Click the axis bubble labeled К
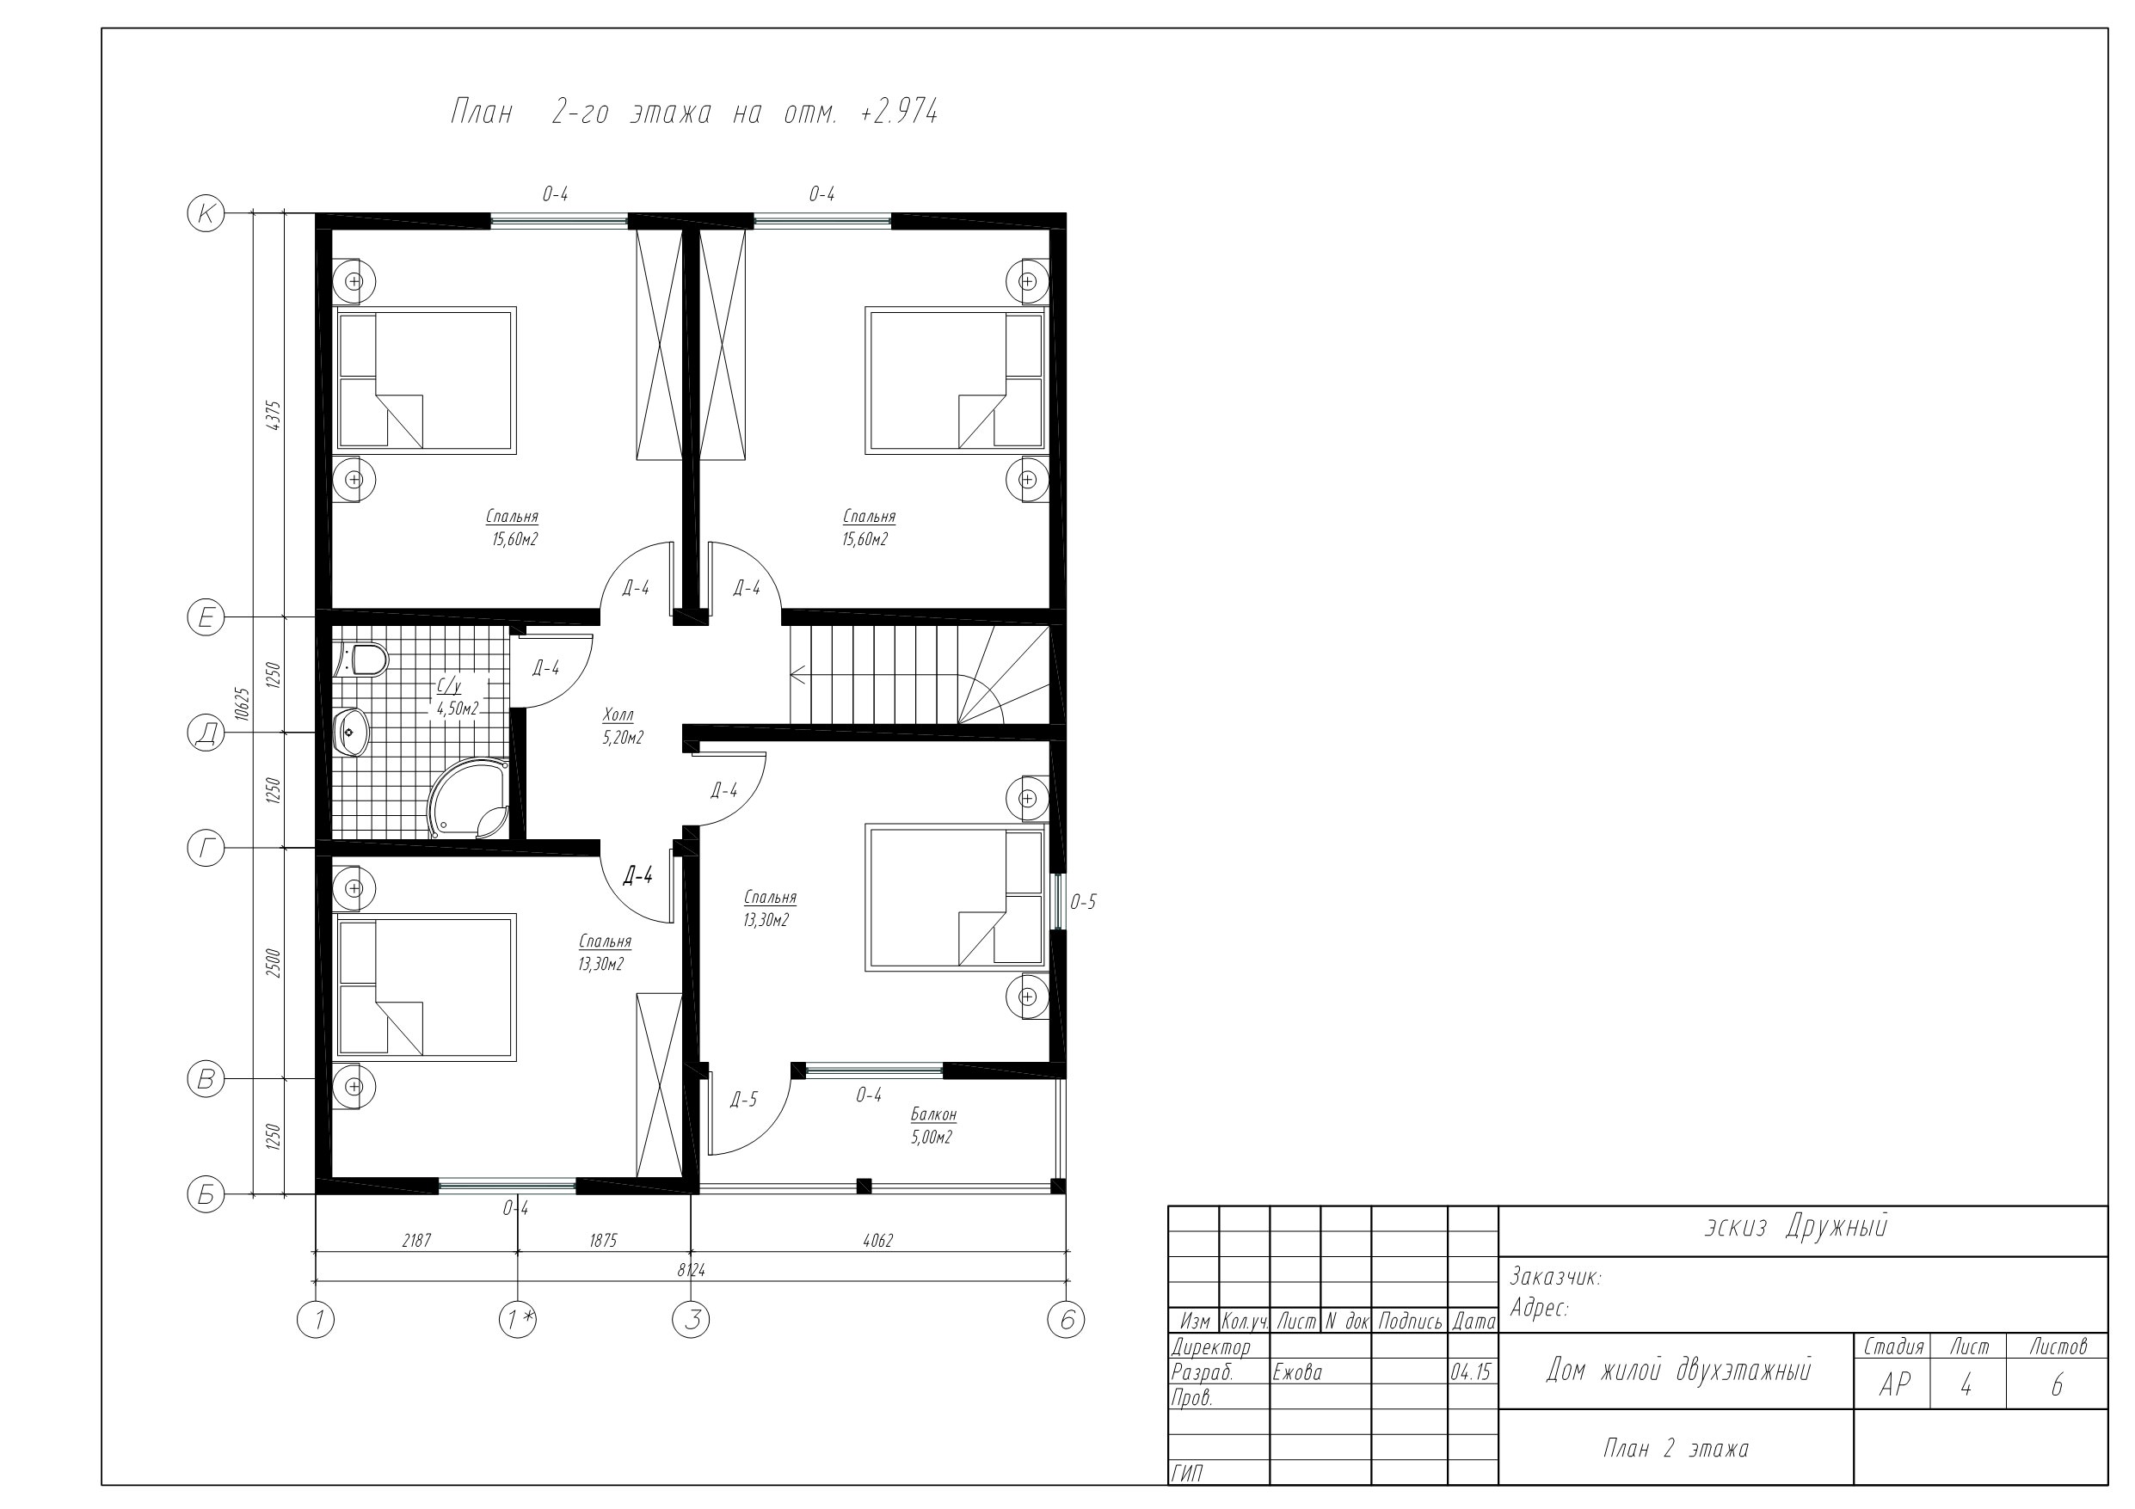(x=206, y=213)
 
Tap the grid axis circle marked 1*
(x=518, y=1319)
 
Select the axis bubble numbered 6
(x=1066, y=1319)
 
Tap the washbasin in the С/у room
(x=352, y=733)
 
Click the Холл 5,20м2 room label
(x=621, y=727)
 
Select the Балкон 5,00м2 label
(x=933, y=1125)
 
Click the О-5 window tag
(x=1083, y=902)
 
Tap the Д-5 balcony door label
(x=744, y=1100)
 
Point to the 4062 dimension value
(x=877, y=1240)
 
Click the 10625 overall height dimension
(x=243, y=704)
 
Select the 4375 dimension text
(x=274, y=415)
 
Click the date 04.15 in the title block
(x=1471, y=1372)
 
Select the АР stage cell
(x=1895, y=1385)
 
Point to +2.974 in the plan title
(x=899, y=113)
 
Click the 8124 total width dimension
(x=692, y=1269)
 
